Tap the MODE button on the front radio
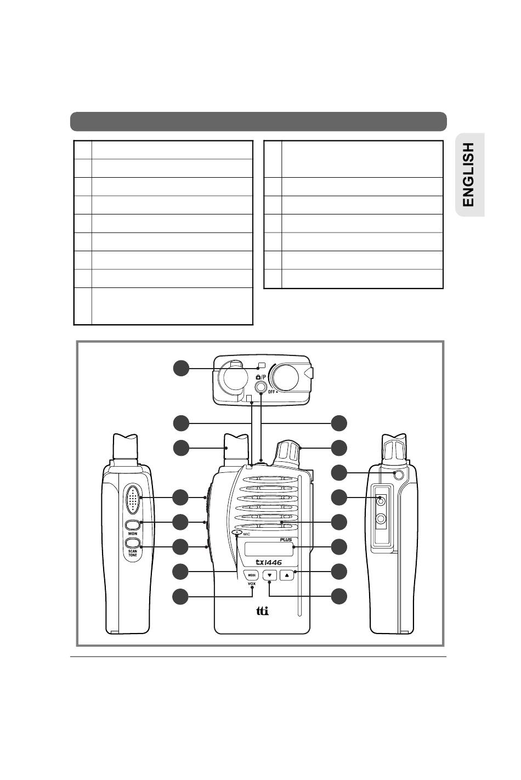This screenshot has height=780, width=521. pyautogui.click(x=252, y=575)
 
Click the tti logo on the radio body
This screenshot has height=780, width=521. pyautogui.click(x=264, y=611)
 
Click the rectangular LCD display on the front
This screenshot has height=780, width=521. pyautogui.click(x=269, y=547)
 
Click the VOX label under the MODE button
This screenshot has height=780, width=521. pyautogui.click(x=252, y=584)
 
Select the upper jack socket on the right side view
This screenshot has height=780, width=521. pyautogui.click(x=383, y=500)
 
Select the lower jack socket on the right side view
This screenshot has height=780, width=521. pyautogui.click(x=383, y=518)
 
